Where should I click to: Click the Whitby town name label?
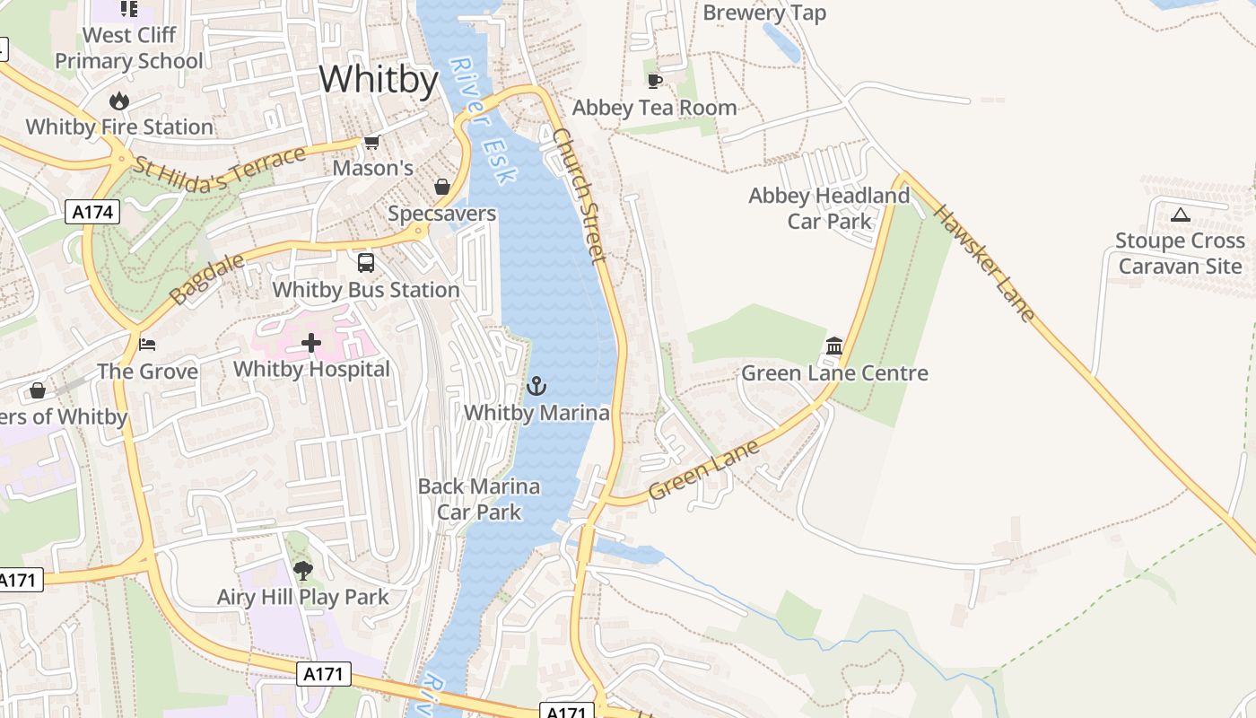point(379,80)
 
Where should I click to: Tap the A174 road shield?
point(92,212)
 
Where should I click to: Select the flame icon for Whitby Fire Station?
point(118,101)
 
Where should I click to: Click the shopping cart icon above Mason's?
point(371,143)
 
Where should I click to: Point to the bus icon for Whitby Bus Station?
point(366,263)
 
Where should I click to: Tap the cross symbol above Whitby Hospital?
point(311,343)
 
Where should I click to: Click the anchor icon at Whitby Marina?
point(536,387)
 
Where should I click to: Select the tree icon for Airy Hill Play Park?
point(303,570)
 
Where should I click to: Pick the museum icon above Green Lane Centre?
point(834,346)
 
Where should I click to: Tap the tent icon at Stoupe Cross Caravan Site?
point(1180,215)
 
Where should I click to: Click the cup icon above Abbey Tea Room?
point(655,82)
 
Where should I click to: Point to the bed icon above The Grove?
point(147,344)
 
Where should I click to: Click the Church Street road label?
point(580,195)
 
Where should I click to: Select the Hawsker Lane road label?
point(984,263)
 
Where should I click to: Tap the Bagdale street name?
point(195,278)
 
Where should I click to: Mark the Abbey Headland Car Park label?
point(829,208)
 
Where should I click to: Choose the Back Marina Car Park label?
point(479,499)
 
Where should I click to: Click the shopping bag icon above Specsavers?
point(442,187)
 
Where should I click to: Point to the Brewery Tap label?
point(764,13)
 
